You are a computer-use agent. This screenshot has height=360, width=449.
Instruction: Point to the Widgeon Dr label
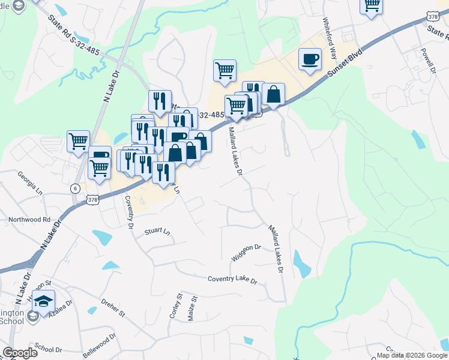click(x=246, y=253)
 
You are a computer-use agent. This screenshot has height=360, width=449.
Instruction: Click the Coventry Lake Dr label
click(x=232, y=280)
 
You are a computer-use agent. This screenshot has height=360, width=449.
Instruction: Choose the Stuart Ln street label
click(x=158, y=231)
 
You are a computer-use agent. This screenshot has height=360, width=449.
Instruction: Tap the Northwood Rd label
click(x=29, y=220)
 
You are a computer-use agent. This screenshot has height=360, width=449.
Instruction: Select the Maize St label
click(x=192, y=308)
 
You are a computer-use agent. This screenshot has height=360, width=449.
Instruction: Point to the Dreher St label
click(x=113, y=308)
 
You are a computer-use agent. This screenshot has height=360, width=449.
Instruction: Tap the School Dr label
click(x=48, y=349)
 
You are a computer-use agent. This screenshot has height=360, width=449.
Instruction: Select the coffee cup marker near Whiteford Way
click(x=309, y=59)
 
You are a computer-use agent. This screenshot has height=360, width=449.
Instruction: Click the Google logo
click(x=20, y=353)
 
